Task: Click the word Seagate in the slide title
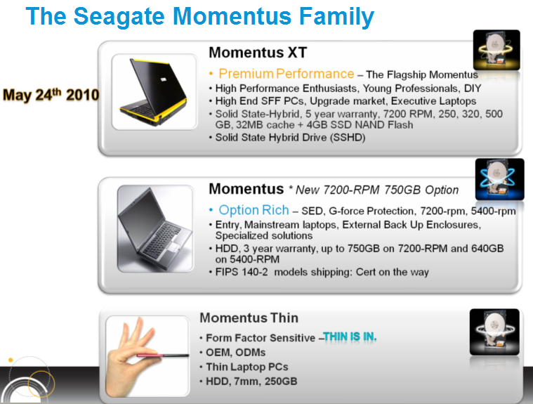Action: (119, 17)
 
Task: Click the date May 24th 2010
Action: (51, 95)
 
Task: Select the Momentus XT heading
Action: (258, 53)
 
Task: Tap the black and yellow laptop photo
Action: (154, 92)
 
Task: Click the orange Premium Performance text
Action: (287, 74)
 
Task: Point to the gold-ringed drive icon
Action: (496, 50)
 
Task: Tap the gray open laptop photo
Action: (155, 228)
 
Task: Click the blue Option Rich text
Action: (254, 210)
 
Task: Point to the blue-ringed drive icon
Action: (500, 179)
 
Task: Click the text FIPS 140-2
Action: (242, 272)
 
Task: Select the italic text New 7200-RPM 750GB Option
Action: (377, 190)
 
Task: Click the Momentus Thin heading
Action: (249, 318)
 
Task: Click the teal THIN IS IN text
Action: (350, 337)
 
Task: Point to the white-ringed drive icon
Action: (494, 332)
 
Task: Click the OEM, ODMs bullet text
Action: (235, 352)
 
